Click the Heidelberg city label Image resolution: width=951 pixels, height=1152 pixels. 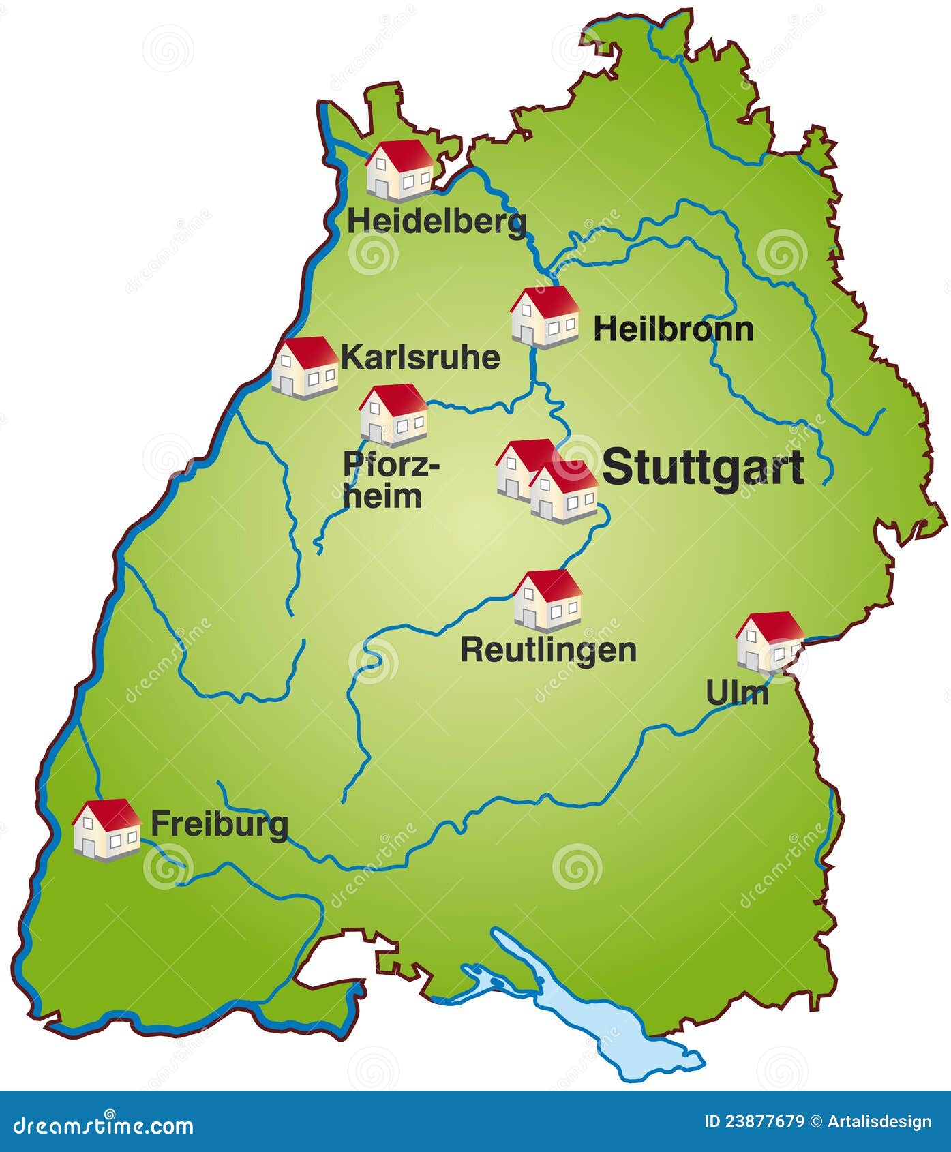pos(436,222)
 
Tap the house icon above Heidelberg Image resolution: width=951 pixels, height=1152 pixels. pos(399,170)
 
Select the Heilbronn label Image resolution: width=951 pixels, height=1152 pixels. pos(673,329)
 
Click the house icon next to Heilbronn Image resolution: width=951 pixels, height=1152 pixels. pos(545,317)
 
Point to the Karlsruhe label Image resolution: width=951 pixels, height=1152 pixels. pos(421,357)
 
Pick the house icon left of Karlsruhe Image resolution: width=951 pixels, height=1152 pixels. pos(305,367)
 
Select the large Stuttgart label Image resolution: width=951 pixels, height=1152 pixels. pos(703,468)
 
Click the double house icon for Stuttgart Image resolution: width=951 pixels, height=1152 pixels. pos(547,481)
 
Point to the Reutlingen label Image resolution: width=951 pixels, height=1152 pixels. pos(548,650)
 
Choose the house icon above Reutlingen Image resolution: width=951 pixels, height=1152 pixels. pos(547,601)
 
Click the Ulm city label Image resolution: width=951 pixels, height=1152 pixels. pos(737,693)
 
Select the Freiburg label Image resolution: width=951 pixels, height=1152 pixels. pos(219,824)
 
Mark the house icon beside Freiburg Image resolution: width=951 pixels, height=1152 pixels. pos(106,830)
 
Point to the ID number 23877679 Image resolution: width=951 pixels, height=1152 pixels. pos(755,1121)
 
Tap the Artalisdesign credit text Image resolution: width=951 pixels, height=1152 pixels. pos(879,1121)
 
